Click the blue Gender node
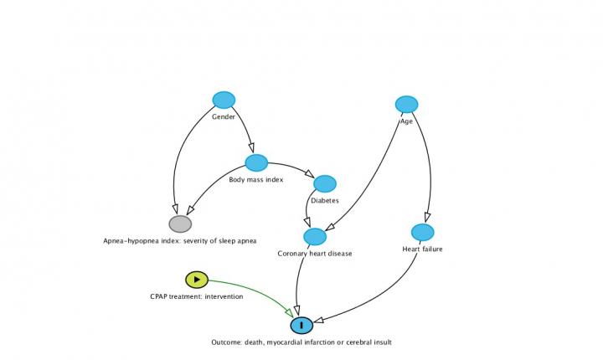224,100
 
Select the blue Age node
406,105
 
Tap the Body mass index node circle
256,163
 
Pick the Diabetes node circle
325,183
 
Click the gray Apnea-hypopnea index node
180,224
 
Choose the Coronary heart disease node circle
315,237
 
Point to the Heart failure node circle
422,232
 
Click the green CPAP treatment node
195,280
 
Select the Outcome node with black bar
301,325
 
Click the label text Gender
224,117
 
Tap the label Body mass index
256,179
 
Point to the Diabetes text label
325,201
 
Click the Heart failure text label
422,249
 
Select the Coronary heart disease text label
315,254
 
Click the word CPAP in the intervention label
158,296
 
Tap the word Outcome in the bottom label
227,342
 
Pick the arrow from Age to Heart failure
430,167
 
